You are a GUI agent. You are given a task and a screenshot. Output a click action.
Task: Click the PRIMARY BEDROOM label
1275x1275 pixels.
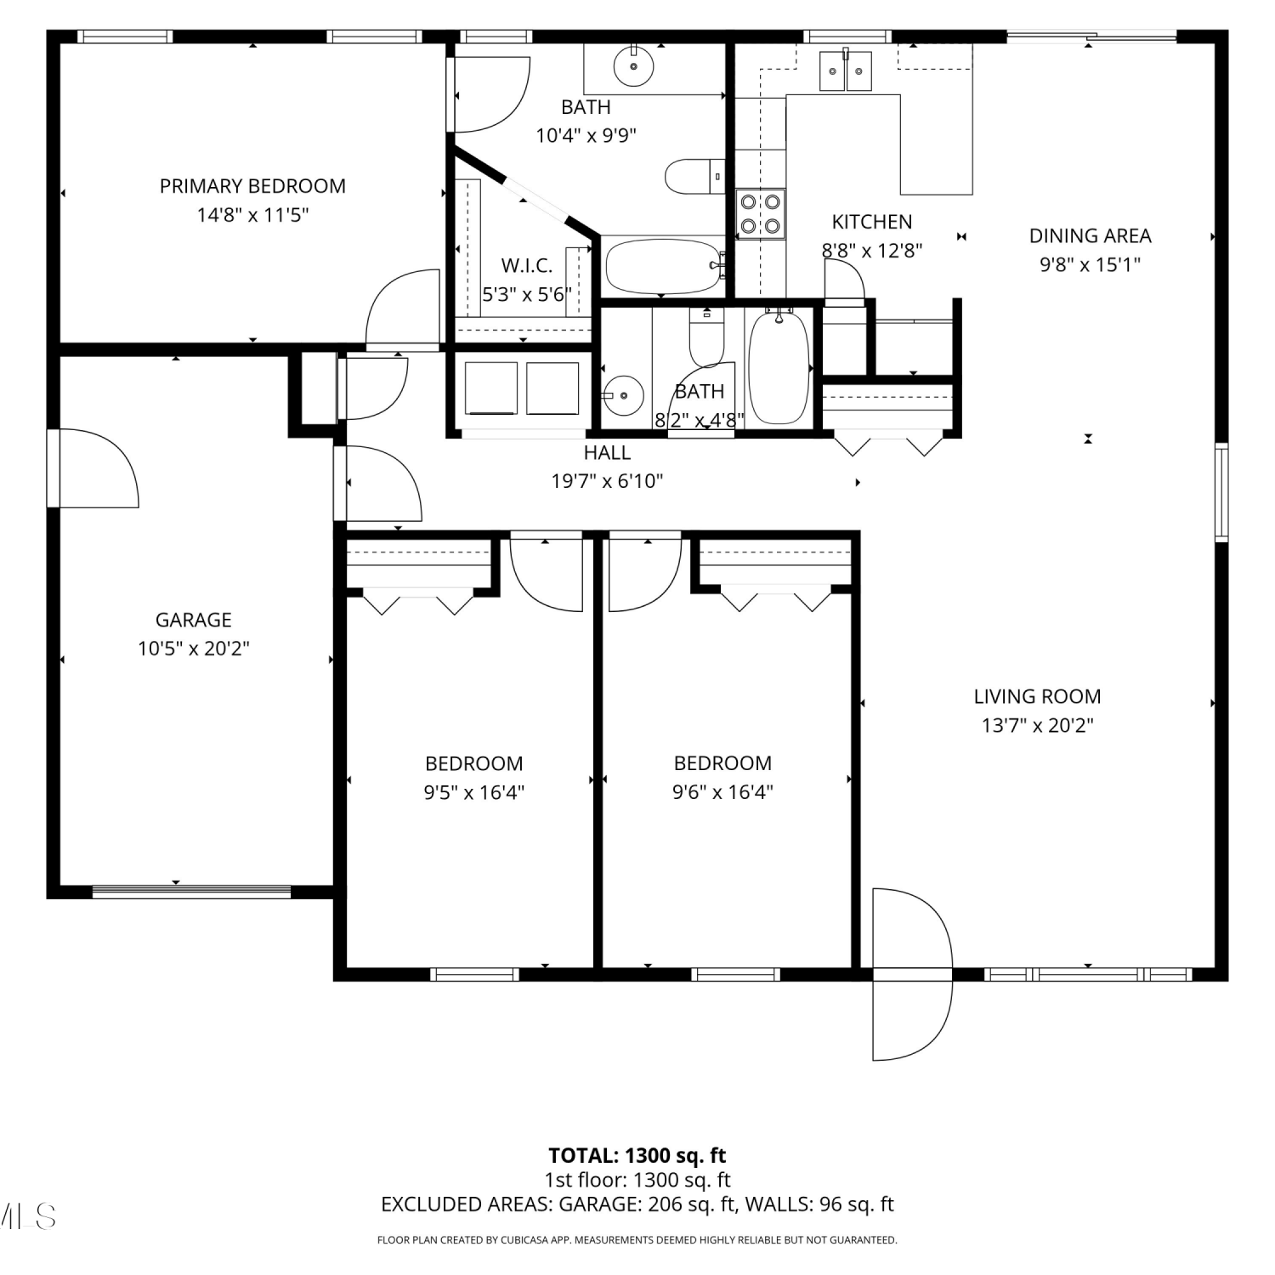point(252,186)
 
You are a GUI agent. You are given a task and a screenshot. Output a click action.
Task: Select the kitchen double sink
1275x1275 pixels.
point(846,70)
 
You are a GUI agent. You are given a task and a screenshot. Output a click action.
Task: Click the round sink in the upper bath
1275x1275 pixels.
point(633,65)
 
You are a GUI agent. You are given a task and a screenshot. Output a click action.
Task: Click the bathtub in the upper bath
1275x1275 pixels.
point(664,266)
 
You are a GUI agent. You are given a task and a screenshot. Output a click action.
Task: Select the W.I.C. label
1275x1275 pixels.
point(527,265)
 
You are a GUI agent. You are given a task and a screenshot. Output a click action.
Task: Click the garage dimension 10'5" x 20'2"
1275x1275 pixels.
point(194,649)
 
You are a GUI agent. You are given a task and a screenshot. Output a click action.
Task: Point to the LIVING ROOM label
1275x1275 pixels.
point(1037,697)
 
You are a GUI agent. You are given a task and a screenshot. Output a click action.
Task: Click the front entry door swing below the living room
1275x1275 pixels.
point(912,974)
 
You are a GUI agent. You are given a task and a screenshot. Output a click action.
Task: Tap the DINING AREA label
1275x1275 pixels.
point(1091,235)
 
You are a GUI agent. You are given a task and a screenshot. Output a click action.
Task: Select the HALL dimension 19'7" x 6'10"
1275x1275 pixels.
point(607,481)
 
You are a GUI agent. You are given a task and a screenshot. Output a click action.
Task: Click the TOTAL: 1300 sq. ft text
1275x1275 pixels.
point(637,1156)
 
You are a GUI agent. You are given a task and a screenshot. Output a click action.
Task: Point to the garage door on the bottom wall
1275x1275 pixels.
point(191,892)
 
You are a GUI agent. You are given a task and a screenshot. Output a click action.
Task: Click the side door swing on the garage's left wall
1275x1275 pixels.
point(93,468)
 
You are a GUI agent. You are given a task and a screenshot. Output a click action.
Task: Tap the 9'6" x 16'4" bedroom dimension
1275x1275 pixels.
point(722,792)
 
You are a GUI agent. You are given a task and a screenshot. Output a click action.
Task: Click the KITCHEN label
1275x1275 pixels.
point(872,222)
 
